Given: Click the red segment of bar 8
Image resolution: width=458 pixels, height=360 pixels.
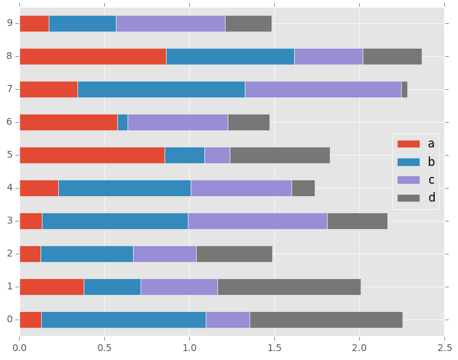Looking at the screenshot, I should pos(93,56).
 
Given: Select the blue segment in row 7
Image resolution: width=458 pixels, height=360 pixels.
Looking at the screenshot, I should pos(161,89).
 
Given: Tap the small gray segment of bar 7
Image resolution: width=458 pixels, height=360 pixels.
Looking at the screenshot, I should pos(405,89).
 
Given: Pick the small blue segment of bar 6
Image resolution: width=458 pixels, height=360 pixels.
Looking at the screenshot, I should pos(123,122).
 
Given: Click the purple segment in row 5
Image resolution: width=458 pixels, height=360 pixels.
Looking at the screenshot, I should pos(217,155).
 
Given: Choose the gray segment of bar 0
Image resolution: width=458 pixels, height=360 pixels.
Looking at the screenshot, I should pos(326,320).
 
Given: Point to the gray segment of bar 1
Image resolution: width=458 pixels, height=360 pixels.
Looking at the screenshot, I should pos(289,287).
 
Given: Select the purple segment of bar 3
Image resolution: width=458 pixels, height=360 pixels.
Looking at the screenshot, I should pos(258,221).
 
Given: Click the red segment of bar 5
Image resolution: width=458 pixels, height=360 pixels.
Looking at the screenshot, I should pos(92,155).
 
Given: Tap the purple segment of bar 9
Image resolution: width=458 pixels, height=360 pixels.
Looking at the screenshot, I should pos(171,23).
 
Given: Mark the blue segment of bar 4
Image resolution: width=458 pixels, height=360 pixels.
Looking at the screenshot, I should pos(125,188).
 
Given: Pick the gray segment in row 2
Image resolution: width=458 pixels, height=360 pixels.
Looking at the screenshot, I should pos(234,254).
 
